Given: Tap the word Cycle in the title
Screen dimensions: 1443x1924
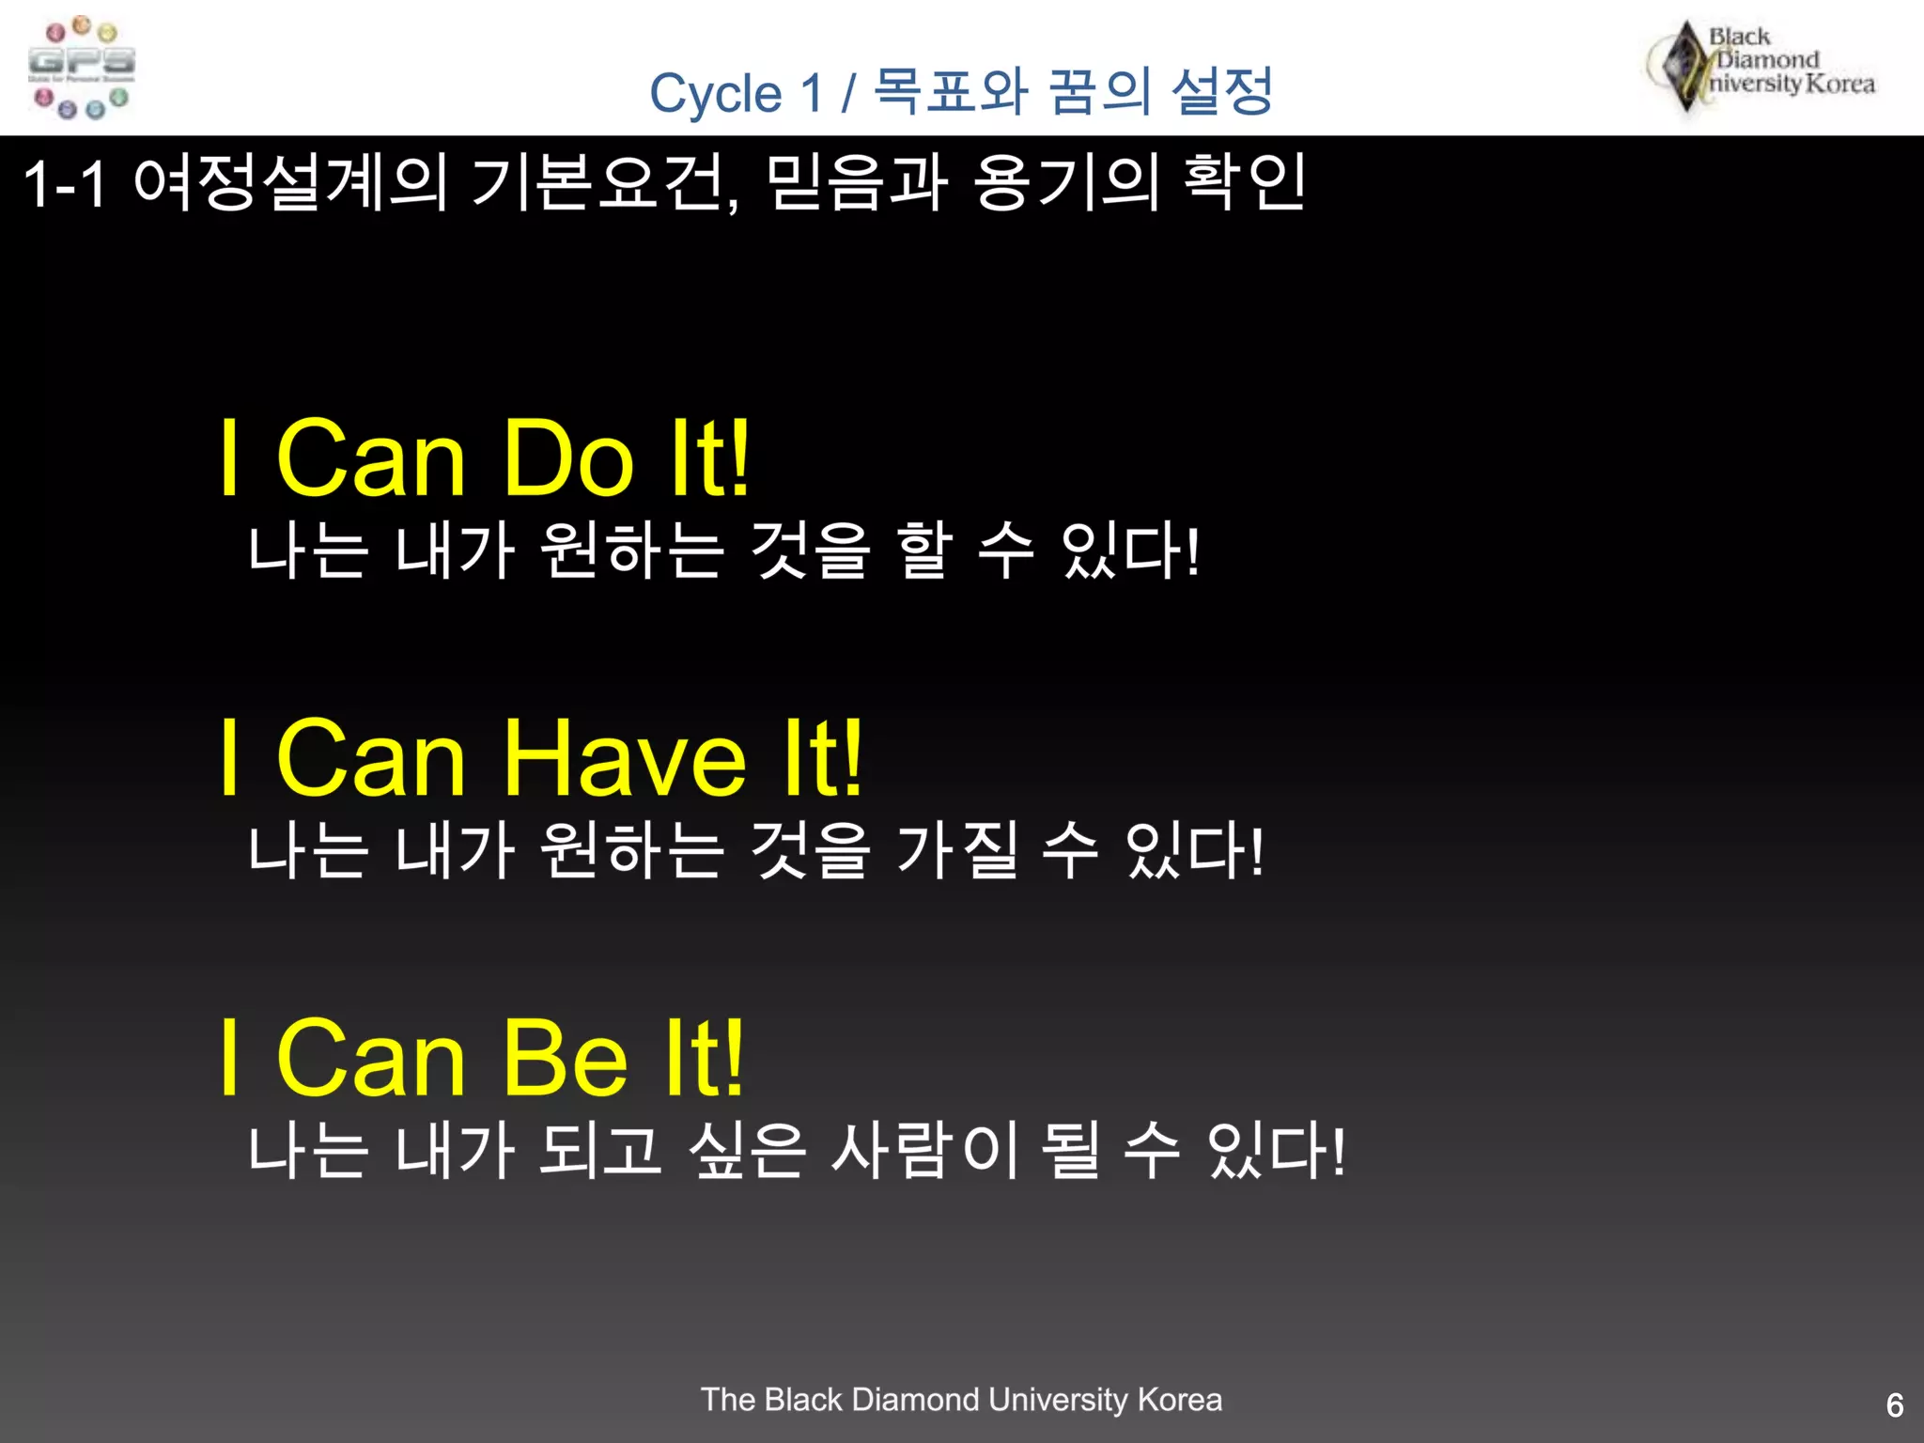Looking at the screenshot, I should (715, 95).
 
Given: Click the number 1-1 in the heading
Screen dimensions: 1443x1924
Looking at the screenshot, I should (65, 183).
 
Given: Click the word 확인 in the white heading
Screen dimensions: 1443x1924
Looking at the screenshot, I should (1244, 183).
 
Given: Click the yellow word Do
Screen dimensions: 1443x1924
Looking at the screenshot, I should (568, 458).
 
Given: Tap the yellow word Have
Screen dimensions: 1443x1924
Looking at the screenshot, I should (625, 758).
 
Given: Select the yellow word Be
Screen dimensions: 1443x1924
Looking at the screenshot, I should (565, 1059).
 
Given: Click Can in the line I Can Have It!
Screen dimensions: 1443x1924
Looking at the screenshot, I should (371, 758).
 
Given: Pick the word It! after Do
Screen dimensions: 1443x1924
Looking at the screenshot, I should (709, 458).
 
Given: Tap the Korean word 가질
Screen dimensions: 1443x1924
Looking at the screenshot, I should (957, 851).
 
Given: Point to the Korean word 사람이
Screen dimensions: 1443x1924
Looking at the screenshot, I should (925, 1151).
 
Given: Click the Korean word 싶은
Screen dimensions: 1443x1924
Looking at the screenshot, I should (747, 1151).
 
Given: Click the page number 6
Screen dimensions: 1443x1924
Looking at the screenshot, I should (1895, 1405).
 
